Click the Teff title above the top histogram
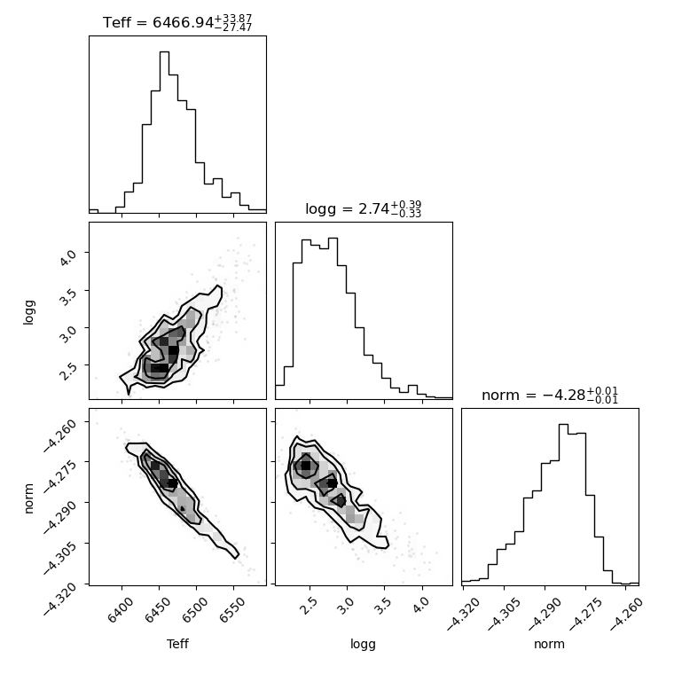(177, 22)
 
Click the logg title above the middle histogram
(364, 208)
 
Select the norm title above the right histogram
(550, 395)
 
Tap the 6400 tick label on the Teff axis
(121, 610)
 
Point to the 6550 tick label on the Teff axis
(232, 610)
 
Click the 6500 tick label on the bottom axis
(195, 610)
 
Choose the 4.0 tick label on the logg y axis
(67, 257)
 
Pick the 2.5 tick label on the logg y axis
(67, 371)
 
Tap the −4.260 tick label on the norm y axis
(59, 435)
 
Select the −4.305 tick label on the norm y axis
(59, 557)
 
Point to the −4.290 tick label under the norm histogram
(544, 615)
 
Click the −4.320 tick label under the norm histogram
(462, 615)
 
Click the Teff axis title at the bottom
(177, 644)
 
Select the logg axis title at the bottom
(364, 645)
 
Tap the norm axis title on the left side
(28, 498)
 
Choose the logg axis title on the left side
(28, 312)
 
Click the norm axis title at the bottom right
(549, 644)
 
